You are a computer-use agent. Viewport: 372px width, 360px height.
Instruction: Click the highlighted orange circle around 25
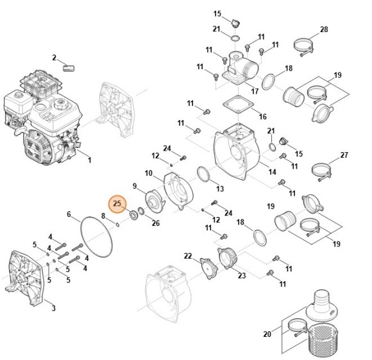click(117, 204)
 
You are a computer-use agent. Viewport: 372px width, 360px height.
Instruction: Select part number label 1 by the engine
click(89, 160)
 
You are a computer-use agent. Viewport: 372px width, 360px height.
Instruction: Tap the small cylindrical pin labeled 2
click(69, 68)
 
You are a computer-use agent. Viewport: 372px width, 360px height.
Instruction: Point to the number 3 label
click(54, 308)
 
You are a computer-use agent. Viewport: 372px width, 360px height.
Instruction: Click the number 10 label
click(149, 173)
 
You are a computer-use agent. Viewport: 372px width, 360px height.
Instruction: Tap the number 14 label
click(273, 171)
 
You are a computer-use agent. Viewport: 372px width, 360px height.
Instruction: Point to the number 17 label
click(255, 91)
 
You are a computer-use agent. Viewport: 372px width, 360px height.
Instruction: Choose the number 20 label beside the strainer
click(267, 334)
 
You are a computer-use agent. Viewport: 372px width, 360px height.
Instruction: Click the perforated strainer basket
click(322, 341)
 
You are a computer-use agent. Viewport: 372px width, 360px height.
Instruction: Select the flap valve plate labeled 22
click(209, 268)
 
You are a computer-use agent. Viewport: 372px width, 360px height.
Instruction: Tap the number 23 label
click(242, 275)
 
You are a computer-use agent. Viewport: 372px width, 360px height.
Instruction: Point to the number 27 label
click(344, 155)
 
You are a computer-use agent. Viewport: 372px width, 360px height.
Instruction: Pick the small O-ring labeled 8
click(117, 223)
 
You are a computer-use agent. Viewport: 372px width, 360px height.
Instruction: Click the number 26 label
click(156, 223)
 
